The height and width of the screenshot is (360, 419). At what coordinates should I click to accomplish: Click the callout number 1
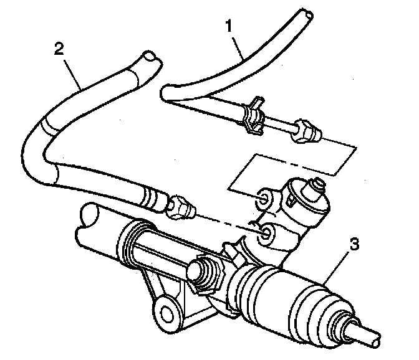pos(229,26)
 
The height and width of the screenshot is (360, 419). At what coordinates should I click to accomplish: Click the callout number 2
pos(59,49)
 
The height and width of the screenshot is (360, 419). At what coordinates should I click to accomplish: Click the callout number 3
pos(355,244)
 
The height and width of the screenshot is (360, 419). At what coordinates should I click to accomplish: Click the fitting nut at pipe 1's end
pos(307,131)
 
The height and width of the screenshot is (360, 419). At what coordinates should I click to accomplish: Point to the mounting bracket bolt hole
pos(166,312)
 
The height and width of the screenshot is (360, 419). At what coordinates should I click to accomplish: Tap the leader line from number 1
pos(238,48)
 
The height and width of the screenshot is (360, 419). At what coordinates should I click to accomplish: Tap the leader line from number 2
pos(72,74)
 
